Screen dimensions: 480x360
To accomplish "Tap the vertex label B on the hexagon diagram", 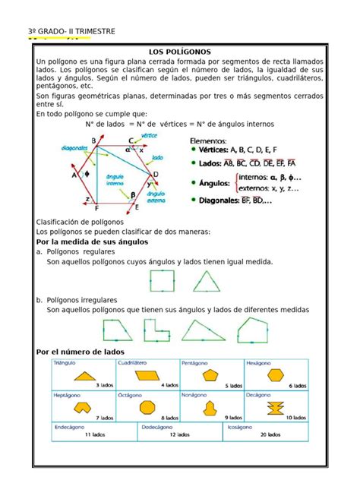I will [x=93, y=141].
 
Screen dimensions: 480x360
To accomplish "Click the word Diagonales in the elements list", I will [x=225, y=200].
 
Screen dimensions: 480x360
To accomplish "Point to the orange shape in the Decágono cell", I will [x=275, y=408].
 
